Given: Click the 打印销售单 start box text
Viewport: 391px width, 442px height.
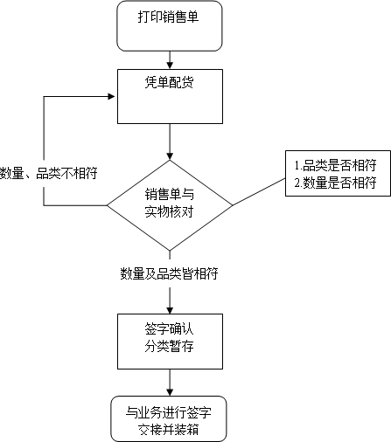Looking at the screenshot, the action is click(x=168, y=17).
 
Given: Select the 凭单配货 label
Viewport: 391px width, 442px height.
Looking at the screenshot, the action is click(x=169, y=82).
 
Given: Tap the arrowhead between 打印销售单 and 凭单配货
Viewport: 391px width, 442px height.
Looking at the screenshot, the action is click(x=170, y=66).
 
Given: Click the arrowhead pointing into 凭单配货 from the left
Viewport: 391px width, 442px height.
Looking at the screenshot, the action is click(x=112, y=96).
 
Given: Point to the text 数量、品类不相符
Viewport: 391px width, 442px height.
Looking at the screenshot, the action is click(x=48, y=173).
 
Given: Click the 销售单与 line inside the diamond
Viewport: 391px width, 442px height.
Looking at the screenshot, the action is click(x=170, y=194).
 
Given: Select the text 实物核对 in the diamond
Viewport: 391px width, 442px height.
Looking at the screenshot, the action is click(x=169, y=211).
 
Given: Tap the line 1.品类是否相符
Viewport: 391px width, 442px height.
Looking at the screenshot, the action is click(x=335, y=165).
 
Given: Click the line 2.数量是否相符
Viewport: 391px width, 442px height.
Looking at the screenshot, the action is click(x=335, y=183).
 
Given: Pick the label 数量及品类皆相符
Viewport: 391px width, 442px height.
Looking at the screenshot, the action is click(x=169, y=273).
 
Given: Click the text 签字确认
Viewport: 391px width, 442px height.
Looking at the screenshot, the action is click(x=169, y=329).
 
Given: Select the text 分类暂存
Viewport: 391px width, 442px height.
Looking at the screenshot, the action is click(x=169, y=347).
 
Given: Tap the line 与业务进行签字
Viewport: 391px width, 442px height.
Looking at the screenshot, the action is click(x=169, y=412).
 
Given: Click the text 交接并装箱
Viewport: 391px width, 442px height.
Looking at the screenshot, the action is click(x=169, y=429).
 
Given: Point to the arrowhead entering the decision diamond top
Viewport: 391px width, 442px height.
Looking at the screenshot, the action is click(x=170, y=156).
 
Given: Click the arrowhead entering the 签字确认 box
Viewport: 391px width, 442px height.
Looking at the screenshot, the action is click(x=170, y=310).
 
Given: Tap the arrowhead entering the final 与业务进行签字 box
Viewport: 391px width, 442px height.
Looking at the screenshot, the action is click(x=170, y=392).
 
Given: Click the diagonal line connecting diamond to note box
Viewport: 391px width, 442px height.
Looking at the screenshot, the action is click(x=259, y=192).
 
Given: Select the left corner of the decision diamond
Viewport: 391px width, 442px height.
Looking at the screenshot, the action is click(x=107, y=205).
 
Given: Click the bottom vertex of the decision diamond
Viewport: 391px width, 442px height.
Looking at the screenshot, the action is click(x=170, y=251).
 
